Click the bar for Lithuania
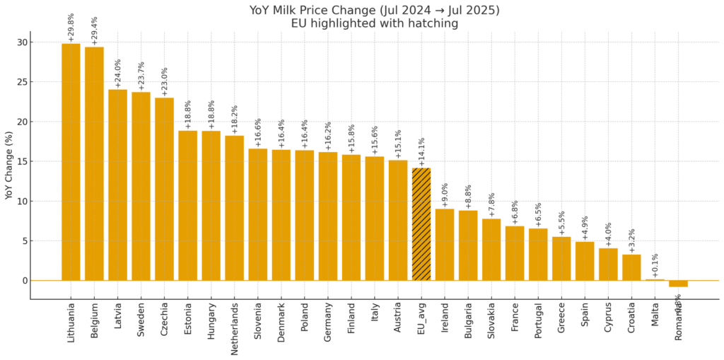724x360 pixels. coord(71,162)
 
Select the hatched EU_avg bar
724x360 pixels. coord(421,224)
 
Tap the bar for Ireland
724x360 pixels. coord(445,245)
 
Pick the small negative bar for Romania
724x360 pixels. coord(678,284)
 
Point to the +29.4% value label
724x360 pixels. coord(95,30)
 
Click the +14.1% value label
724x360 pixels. coord(422,151)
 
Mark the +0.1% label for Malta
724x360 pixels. coord(655,262)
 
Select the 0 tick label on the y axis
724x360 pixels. coord(24,281)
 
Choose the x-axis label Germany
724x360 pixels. coord(328,323)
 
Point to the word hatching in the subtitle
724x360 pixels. coord(433,23)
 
